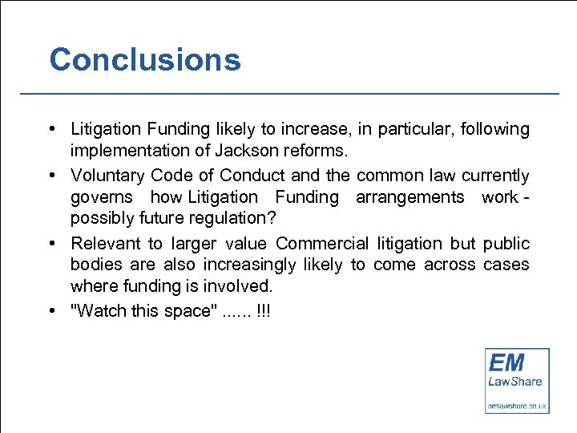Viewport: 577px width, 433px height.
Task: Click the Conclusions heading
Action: click(145, 60)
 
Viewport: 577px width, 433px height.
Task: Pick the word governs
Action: click(101, 197)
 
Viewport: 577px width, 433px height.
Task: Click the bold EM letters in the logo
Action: click(507, 362)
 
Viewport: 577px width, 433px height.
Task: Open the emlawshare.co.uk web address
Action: click(517, 406)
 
